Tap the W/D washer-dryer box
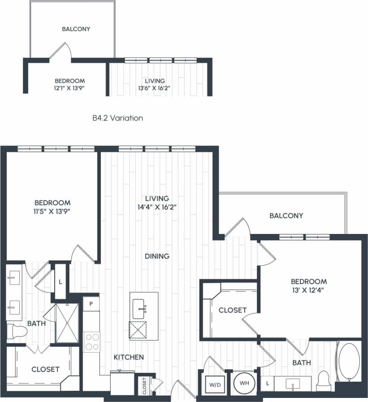tap(212, 384)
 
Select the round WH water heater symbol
tap(244, 384)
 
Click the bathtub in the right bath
tap(349, 363)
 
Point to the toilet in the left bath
tap(17, 331)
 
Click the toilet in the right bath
tap(323, 380)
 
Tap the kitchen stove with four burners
tap(92, 341)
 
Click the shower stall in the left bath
tap(66, 322)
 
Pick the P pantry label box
tap(91, 303)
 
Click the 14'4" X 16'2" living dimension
tap(157, 207)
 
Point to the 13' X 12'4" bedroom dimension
tap(309, 290)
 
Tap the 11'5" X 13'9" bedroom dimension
tap(52, 212)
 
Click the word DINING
tap(157, 256)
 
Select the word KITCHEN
tap(129, 357)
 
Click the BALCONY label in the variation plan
tap(76, 29)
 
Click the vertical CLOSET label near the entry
tap(144, 386)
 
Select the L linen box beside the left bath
tap(61, 282)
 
